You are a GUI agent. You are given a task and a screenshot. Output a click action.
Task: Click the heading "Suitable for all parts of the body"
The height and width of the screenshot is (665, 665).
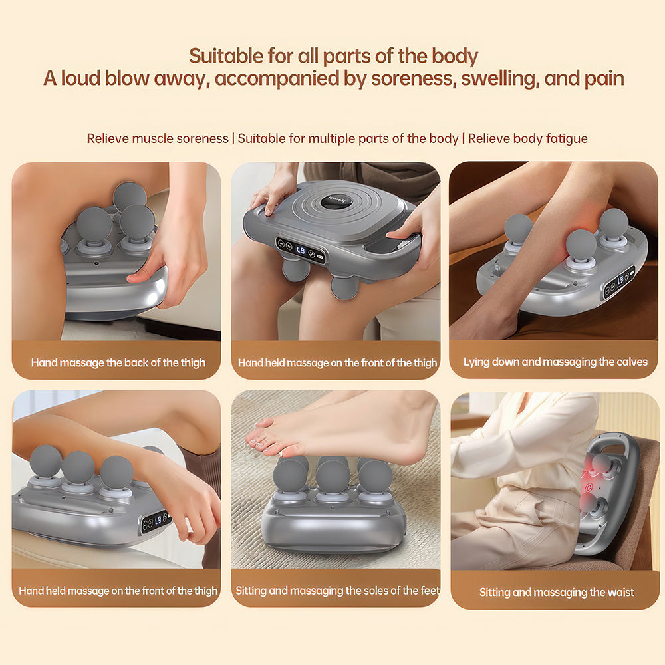tap(333, 56)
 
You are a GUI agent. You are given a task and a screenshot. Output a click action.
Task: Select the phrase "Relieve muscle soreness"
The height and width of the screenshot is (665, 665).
tap(158, 138)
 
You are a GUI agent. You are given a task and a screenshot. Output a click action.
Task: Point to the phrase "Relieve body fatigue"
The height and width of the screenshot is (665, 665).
tap(527, 138)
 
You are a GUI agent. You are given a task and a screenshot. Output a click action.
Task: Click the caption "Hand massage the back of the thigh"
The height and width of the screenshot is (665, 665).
tap(118, 362)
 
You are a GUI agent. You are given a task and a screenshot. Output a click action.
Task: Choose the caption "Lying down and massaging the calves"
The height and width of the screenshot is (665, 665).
tap(555, 362)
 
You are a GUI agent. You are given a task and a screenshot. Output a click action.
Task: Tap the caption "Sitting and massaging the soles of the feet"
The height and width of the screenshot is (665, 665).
tap(338, 591)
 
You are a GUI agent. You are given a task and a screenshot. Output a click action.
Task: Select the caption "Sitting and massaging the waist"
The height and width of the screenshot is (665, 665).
tap(557, 592)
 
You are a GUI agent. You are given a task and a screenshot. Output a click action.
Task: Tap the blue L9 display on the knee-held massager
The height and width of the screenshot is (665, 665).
tap(301, 251)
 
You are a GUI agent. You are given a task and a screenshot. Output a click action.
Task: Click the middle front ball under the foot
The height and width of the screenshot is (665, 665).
tap(332, 477)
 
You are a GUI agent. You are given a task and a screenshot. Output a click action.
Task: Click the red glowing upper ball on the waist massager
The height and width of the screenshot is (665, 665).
tap(599, 464)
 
